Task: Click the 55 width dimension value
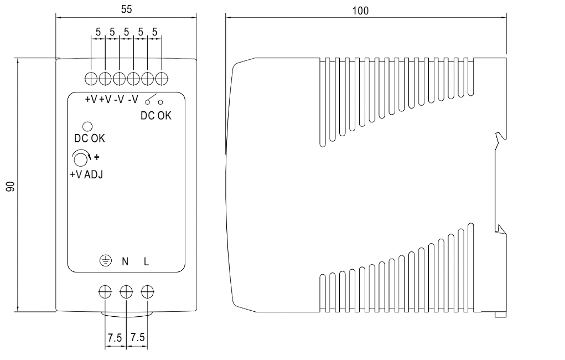(126, 11)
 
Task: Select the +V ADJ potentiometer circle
(80, 160)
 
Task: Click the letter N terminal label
(126, 261)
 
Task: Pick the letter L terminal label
(146, 261)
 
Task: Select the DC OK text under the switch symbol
(156, 116)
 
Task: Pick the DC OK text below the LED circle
(89, 138)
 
